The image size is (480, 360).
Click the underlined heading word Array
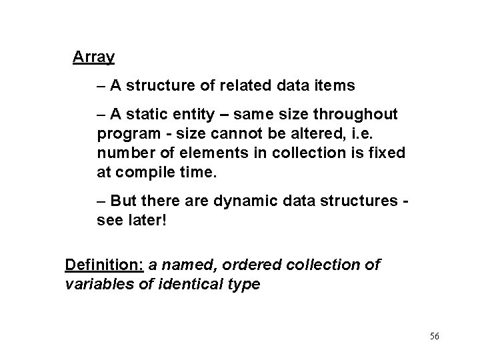93,57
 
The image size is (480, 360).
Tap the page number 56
434,337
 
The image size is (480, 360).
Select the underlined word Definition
104,265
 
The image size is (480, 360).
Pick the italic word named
191,265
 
